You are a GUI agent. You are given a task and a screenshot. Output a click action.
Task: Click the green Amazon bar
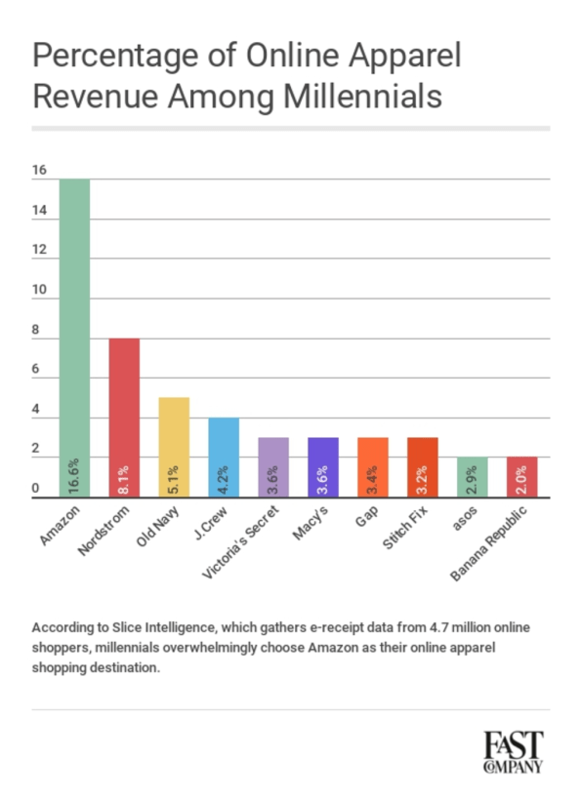74,338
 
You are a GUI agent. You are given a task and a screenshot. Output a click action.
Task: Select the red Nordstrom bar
124,418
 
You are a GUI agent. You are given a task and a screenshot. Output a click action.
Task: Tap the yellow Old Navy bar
174,448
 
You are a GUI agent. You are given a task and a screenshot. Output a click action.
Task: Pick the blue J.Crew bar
224,458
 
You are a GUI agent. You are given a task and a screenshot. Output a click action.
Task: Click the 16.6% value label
74,475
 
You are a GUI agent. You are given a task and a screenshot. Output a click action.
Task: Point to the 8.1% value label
124,480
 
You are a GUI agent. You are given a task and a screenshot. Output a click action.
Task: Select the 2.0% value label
521,480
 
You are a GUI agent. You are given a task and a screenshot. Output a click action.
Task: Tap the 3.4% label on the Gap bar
373,480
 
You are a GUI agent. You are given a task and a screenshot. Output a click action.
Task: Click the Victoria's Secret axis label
240,542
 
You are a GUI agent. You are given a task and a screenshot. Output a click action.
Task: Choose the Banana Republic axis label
488,543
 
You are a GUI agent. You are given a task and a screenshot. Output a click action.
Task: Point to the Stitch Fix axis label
404,528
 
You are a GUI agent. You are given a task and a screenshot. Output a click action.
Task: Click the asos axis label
465,519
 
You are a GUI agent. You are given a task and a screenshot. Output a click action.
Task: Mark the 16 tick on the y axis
39,170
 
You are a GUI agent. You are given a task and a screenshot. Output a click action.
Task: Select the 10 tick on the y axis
39,290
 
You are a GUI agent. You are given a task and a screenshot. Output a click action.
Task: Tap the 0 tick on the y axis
36,489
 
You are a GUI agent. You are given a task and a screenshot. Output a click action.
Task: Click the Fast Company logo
514,752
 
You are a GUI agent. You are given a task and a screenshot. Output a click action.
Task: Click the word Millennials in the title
362,97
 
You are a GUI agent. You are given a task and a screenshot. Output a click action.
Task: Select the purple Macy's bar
323,467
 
